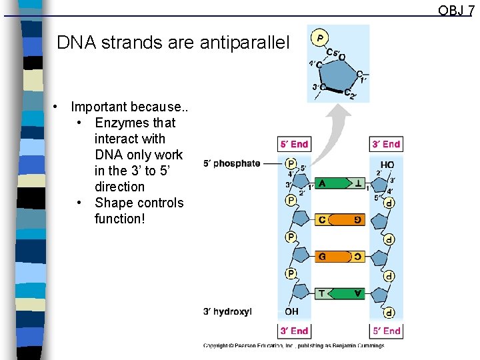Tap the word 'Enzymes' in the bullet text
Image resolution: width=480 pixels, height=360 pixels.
pyautogui.click(x=119, y=123)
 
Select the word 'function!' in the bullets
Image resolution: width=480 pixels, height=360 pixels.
pyautogui.click(x=119, y=219)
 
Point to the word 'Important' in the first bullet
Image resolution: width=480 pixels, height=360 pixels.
pyautogui.click(x=99, y=107)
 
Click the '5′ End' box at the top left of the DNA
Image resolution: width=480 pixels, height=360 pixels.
pyautogui.click(x=294, y=144)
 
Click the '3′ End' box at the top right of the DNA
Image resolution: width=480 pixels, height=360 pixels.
pyautogui.click(x=386, y=144)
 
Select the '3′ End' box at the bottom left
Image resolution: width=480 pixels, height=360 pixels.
pyautogui.click(x=294, y=331)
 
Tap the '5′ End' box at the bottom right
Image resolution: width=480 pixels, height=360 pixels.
pyautogui.click(x=386, y=331)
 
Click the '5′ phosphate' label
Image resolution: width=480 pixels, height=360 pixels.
pyautogui.click(x=232, y=163)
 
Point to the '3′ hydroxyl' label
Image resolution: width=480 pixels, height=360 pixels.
pyautogui.click(x=227, y=311)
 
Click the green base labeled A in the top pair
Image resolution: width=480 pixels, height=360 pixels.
pyautogui.click(x=325, y=183)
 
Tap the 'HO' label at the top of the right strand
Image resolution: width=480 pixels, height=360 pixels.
pyautogui.click(x=387, y=165)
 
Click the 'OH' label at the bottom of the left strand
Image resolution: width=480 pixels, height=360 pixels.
pyautogui.click(x=291, y=311)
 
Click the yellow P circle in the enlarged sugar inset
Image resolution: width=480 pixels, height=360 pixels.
pyautogui.click(x=321, y=37)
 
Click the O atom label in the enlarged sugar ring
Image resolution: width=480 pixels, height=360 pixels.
pyautogui.click(x=342, y=57)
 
